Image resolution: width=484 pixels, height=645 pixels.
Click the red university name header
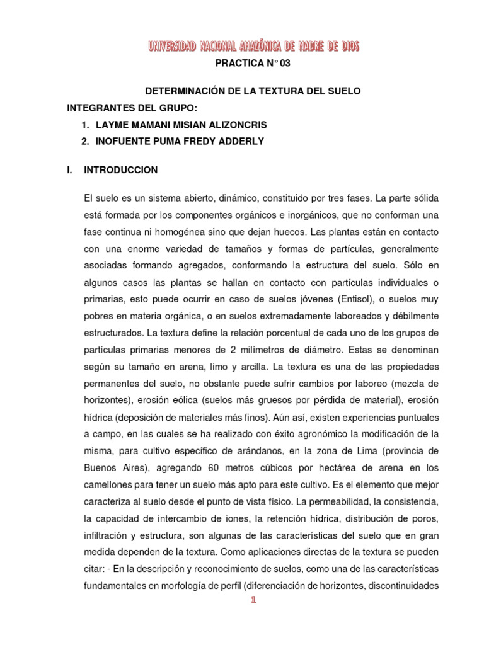click(254, 45)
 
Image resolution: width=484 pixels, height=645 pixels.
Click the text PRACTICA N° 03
click(254, 64)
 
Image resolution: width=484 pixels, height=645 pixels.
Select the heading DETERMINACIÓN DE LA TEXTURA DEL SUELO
click(254, 91)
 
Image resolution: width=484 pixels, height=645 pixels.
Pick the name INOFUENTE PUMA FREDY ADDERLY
click(179, 142)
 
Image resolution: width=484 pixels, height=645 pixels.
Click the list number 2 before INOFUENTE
click(84, 142)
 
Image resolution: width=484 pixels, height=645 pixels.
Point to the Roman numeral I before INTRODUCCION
click(69, 170)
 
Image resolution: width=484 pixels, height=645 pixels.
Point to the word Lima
click(358, 451)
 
